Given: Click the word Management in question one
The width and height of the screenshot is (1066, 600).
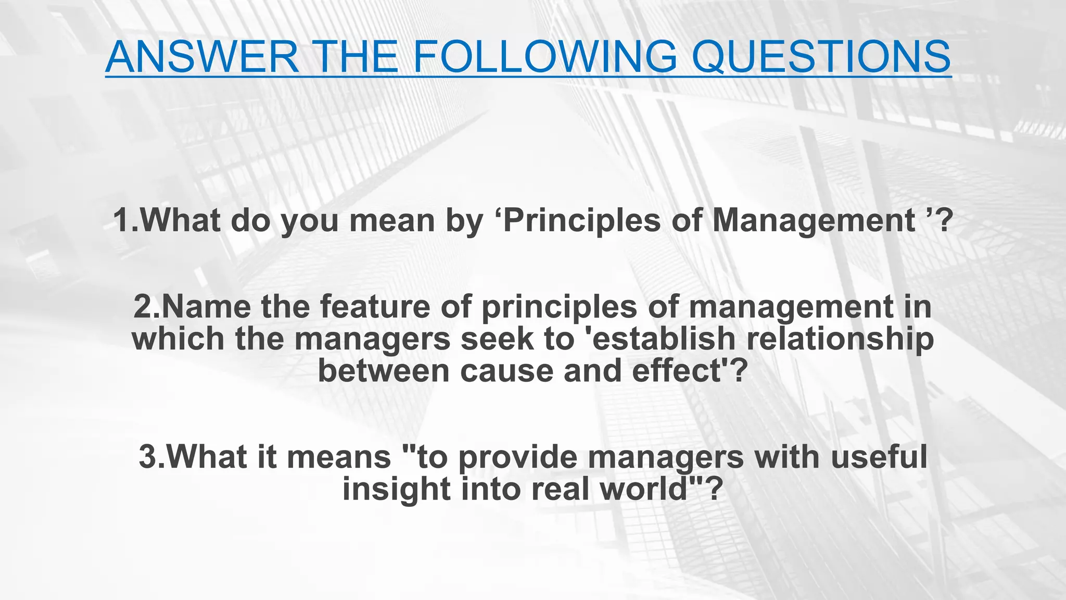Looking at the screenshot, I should tap(813, 220).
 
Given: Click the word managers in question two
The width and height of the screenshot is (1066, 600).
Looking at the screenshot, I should tap(372, 339).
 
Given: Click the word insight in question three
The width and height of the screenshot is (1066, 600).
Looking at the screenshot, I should tap(396, 489).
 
